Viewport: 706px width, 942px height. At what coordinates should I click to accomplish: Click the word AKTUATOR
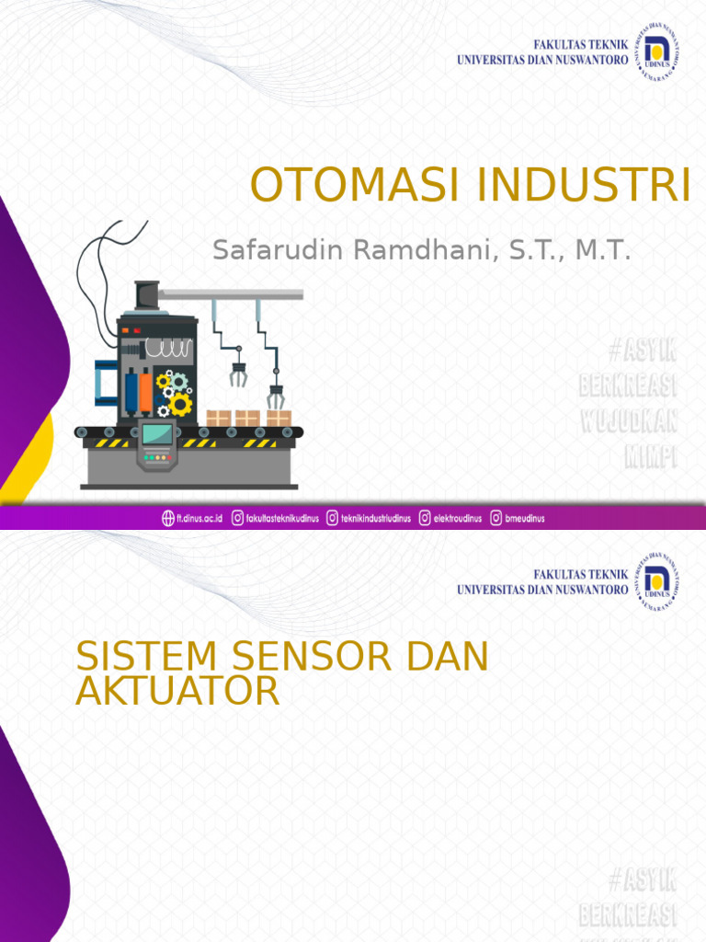pos(177,691)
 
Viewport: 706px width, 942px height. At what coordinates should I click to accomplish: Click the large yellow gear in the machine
pos(180,404)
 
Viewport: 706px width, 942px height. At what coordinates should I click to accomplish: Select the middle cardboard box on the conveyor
pos(247,419)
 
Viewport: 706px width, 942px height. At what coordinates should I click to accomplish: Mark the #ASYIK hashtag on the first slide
pos(643,350)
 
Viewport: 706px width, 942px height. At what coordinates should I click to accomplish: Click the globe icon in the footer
pos(168,518)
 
